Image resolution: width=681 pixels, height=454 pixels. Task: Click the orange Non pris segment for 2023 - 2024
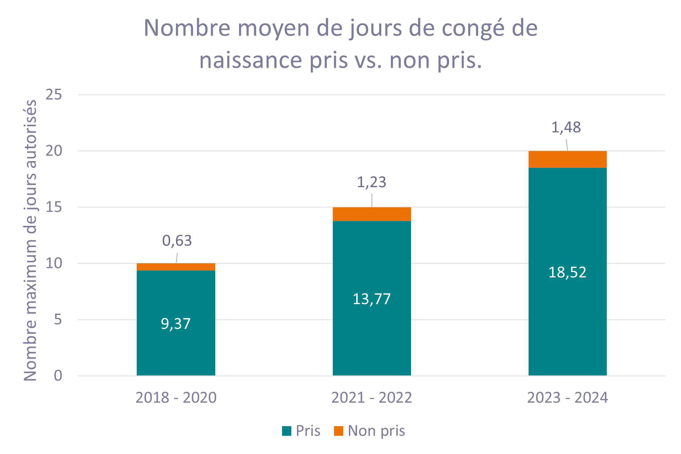click(x=567, y=159)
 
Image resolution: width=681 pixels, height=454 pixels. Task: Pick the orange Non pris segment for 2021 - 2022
click(x=372, y=214)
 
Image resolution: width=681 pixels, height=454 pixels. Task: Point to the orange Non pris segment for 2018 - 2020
click(x=176, y=267)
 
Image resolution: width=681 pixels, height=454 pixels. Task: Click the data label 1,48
click(x=566, y=127)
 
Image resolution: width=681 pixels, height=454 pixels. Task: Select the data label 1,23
click(x=371, y=182)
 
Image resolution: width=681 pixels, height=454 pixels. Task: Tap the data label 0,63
click(x=177, y=241)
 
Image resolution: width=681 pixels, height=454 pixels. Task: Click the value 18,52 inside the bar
click(x=567, y=272)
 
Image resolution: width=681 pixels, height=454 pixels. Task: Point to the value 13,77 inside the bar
click(x=371, y=299)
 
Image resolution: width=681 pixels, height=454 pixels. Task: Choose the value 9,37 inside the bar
click(x=176, y=324)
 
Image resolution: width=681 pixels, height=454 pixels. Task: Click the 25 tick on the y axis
click(x=54, y=94)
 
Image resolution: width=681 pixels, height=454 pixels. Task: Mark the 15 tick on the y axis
click(x=54, y=207)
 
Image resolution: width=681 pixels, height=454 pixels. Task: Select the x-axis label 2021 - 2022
click(x=371, y=397)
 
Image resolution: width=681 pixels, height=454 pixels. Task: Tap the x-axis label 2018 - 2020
click(x=176, y=397)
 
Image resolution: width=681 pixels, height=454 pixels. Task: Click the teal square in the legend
click(x=287, y=431)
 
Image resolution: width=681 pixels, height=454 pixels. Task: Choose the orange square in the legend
click(x=339, y=431)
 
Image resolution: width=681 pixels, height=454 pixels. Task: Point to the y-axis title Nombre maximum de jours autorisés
click(x=30, y=240)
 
